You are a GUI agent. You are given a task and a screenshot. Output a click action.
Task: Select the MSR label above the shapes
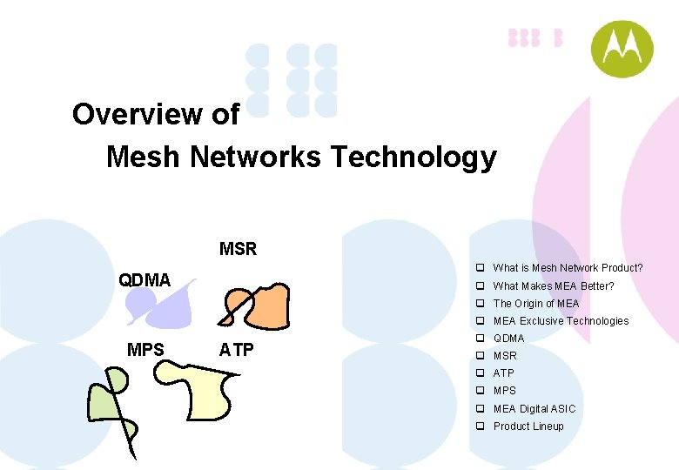[238, 250]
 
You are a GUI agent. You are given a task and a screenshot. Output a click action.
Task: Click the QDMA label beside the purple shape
[145, 279]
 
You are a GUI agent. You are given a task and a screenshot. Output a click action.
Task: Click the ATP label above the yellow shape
[237, 350]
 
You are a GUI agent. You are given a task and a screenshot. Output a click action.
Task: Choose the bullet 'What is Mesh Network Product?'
[568, 268]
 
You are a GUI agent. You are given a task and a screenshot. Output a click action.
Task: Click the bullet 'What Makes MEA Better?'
[554, 285]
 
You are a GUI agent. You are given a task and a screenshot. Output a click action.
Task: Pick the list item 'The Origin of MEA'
[535, 303]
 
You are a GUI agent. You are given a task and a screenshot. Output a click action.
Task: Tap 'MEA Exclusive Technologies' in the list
[561, 320]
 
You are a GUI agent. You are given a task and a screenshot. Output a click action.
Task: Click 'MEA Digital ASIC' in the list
[534, 408]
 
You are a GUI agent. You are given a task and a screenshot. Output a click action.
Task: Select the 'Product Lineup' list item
[528, 426]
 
